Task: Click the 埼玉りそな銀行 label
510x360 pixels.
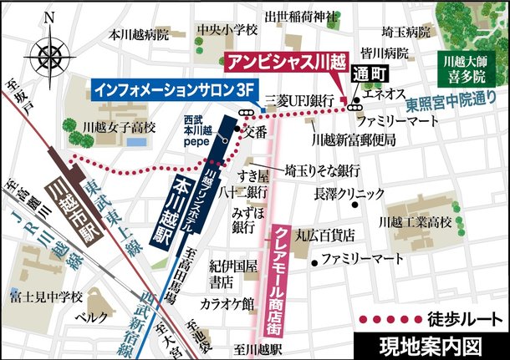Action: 321,170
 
